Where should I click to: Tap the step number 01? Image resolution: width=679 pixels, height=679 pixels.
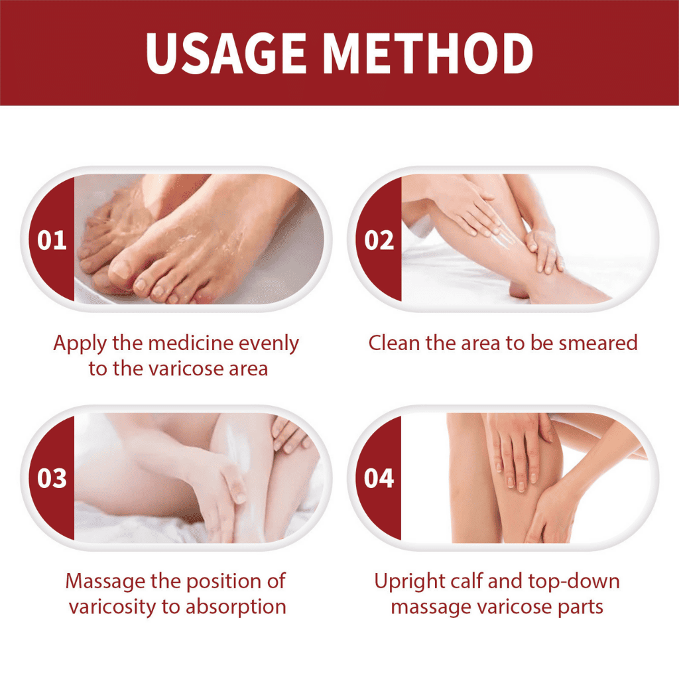(x=52, y=240)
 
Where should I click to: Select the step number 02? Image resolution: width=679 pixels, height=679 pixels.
(x=379, y=240)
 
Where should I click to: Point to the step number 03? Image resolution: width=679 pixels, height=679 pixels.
(x=52, y=478)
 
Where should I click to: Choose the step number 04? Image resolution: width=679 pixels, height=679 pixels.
(x=379, y=478)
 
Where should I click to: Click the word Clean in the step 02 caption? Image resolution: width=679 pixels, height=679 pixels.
(x=395, y=343)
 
